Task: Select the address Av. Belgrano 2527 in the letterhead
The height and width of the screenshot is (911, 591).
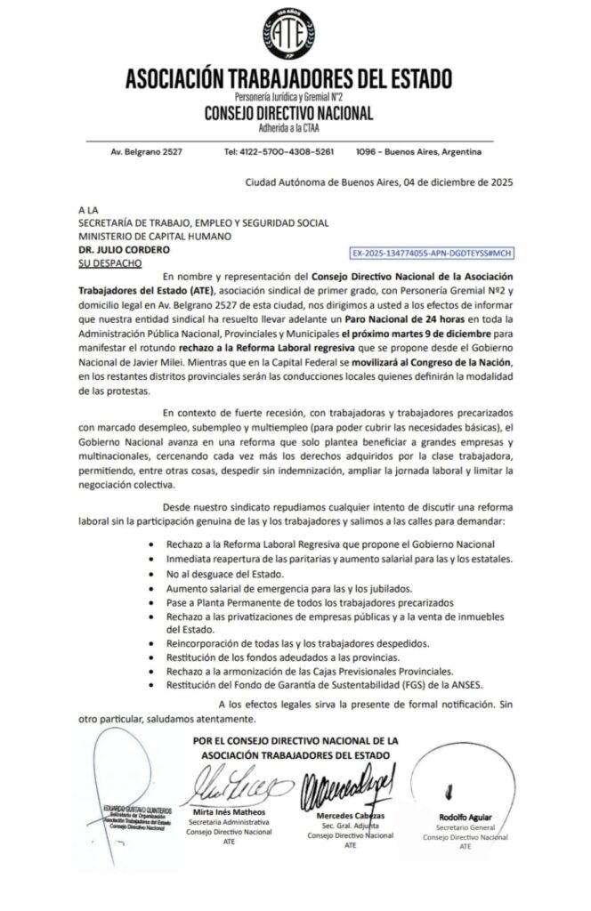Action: pos(147,151)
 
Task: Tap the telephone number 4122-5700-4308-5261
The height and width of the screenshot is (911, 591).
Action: pos(279,151)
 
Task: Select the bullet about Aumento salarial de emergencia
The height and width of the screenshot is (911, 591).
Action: pos(263,588)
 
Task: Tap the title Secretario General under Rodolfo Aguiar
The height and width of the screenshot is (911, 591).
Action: pos(466,827)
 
